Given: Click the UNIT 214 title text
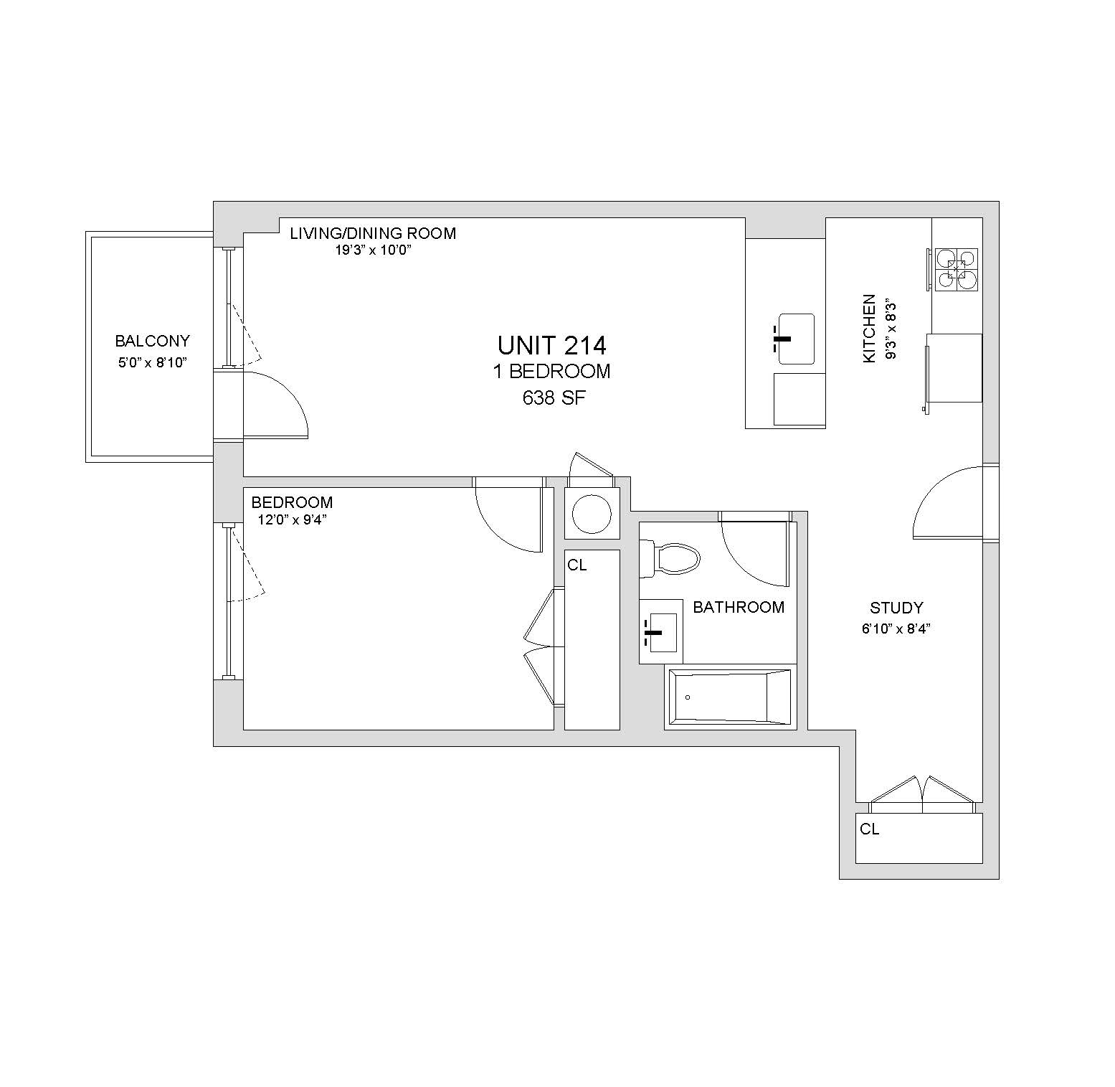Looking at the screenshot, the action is [551, 346].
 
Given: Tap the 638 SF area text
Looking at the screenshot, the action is [554, 398].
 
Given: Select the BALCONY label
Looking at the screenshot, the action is [153, 342].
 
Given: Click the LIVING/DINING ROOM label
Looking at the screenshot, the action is [373, 233].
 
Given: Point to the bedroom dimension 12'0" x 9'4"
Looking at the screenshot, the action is [292, 520].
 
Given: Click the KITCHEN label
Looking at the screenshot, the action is [869, 328].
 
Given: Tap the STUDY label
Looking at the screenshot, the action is [896, 608].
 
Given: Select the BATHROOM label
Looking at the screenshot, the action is [739, 608].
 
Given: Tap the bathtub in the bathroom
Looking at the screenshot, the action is [730, 697].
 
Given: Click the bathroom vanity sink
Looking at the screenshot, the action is [661, 631].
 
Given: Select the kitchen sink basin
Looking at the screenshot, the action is [796, 339].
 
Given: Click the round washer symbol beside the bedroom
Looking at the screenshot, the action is [592, 513].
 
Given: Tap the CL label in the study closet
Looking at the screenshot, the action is [870, 829].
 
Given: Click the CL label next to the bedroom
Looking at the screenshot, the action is [577, 565].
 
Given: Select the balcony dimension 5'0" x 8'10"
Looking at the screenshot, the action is [153, 363].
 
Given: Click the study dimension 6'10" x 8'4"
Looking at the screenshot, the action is [896, 630].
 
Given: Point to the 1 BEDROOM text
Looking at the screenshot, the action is [551, 372].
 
